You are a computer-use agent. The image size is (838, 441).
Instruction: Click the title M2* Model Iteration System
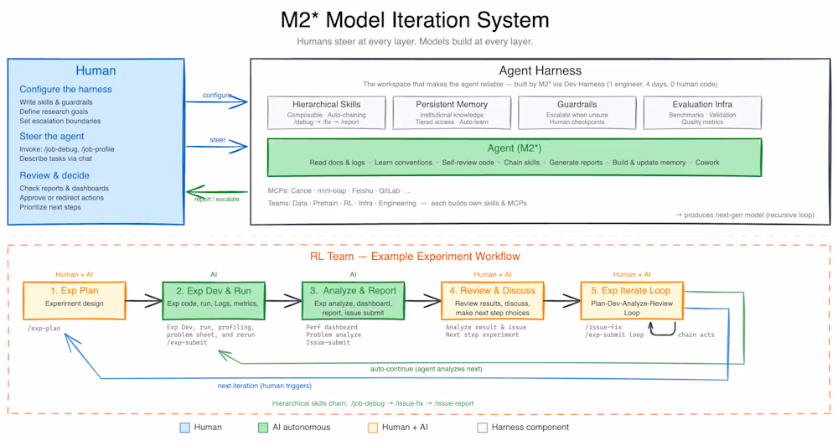415,20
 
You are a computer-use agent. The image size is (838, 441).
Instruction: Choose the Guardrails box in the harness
577,112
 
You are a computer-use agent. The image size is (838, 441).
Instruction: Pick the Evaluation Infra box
702,112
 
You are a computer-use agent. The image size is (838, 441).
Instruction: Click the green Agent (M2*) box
514,157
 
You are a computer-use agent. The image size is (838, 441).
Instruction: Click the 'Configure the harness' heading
65,90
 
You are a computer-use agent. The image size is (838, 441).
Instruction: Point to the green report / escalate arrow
217,191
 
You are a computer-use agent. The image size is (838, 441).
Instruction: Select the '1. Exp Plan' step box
74,297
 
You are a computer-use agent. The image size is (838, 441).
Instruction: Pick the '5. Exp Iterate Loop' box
630,297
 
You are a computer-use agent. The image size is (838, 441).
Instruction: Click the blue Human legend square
184,428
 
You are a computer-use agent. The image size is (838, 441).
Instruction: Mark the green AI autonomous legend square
265,428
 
